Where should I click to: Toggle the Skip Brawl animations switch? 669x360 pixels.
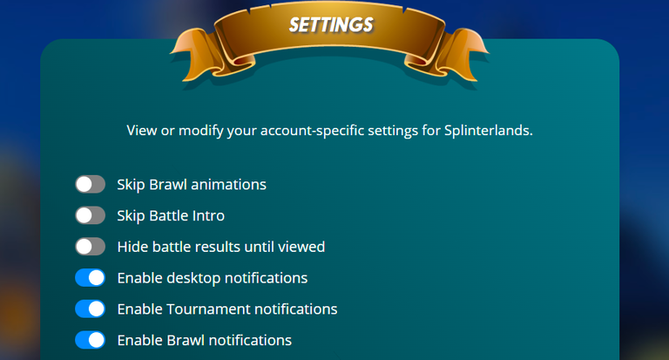91,185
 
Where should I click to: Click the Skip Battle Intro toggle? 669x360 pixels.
91,215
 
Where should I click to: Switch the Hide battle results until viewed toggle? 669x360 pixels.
91,247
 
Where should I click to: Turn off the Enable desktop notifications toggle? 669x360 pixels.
91,278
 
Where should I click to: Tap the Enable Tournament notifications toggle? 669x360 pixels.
91,309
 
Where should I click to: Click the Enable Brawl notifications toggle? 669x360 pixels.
91,340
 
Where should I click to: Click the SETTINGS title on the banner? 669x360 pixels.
331,24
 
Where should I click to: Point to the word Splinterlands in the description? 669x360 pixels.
488,130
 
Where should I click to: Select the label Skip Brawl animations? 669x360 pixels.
192,185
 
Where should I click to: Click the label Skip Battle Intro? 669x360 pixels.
171,215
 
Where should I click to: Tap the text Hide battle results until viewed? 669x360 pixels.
221,247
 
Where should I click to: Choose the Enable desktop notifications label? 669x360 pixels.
213,278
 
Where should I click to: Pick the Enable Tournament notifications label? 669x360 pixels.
227,309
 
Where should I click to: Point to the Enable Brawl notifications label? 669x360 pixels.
205,340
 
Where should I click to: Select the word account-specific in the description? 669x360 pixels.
313,131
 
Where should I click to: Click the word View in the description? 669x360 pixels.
142,130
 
